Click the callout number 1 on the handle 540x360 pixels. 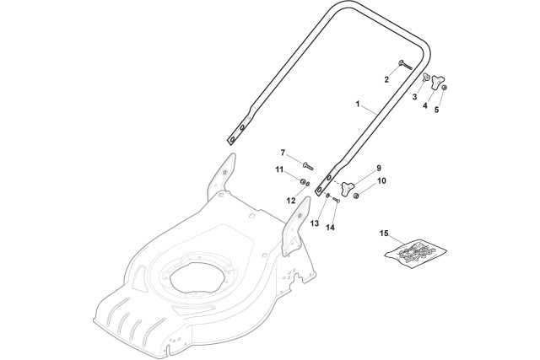coord(358,104)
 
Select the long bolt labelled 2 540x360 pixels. coord(405,65)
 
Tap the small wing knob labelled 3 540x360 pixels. coord(426,78)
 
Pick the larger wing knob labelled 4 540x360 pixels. coord(436,82)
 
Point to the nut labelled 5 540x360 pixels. coord(445,88)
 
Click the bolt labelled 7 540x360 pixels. coord(308,166)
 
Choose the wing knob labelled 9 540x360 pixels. coord(348,188)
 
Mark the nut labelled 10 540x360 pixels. coord(356,196)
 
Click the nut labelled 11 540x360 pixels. coord(304,181)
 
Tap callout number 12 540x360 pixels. coord(291,201)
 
